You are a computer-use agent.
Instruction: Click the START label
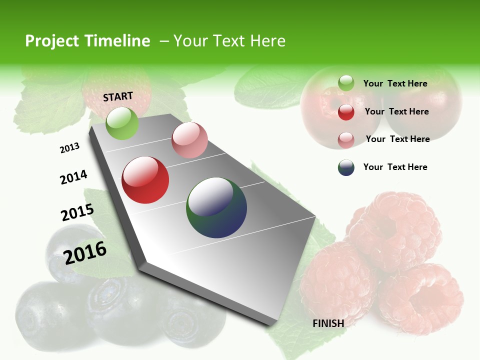pos(118,96)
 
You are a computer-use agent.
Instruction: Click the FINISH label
pos(328,323)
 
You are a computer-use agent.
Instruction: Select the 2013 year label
pos(69,148)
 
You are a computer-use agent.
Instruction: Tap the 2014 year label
pos(73,177)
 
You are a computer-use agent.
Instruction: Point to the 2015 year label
pos(77,212)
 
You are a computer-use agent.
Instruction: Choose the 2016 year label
pos(85,252)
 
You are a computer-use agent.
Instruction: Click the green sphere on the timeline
pos(122,123)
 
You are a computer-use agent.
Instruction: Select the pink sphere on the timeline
pos(189,140)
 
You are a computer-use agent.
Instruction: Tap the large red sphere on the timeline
pos(145,180)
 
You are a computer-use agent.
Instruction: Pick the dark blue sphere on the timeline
pos(216,207)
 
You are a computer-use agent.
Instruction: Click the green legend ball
pos(346,83)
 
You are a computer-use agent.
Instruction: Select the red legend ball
pos(346,112)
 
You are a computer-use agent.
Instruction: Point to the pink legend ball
pos(346,140)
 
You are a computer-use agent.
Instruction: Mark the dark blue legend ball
pos(346,167)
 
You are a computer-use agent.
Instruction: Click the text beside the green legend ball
pos(395,83)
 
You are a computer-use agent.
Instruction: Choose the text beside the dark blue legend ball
pos(395,167)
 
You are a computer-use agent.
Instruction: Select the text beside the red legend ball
pos(396,111)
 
